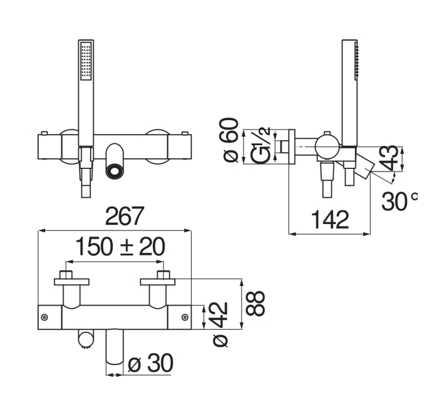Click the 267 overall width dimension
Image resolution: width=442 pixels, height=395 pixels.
125,216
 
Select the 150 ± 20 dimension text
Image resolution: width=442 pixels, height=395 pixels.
120,247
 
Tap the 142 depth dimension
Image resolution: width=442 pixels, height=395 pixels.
330,220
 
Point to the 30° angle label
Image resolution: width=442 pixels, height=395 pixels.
399,201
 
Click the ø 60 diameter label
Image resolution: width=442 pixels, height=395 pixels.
231,140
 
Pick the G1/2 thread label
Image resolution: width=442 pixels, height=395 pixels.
261,145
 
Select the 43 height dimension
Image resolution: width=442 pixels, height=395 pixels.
389,158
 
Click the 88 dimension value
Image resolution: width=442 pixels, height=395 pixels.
255,304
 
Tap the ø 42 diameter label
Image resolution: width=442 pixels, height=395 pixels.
220,324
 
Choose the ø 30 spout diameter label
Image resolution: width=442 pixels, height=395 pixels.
150,363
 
